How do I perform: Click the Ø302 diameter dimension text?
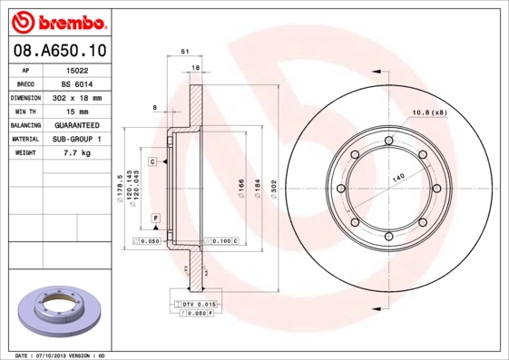pos(273,188)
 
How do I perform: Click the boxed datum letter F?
pos(155,219)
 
